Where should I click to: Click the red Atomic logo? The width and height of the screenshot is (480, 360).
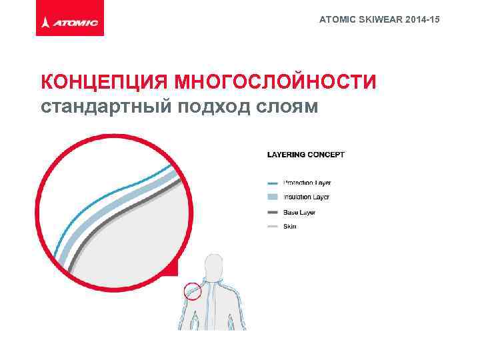coord(70,23)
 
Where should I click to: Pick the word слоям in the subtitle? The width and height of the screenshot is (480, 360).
coord(287,107)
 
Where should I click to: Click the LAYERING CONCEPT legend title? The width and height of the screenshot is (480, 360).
coord(306,155)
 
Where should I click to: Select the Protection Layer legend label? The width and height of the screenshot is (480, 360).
coord(307,183)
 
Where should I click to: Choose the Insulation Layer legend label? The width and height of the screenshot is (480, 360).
coord(306,197)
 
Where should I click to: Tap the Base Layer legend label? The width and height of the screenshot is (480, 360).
coord(299,212)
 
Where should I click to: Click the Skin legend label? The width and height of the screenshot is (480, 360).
coord(290,227)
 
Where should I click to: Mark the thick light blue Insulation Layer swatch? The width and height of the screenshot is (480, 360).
coord(272,197)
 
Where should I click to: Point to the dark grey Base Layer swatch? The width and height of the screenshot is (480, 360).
coord(272,212)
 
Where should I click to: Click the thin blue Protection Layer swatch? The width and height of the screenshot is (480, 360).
coord(272,183)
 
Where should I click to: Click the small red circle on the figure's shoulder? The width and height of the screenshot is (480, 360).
coord(192,291)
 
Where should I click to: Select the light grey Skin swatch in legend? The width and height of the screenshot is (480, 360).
coord(272,227)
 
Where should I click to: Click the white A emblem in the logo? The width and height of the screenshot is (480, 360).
coord(45,23)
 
